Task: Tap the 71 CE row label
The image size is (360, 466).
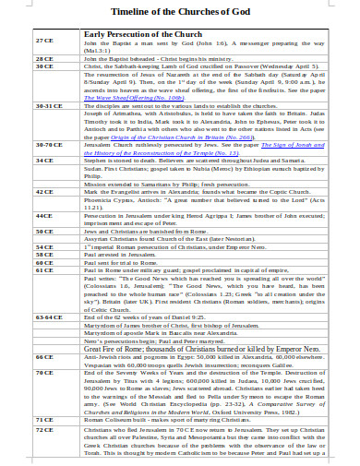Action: tap(43, 445)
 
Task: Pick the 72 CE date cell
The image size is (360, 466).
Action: tap(43, 455)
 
